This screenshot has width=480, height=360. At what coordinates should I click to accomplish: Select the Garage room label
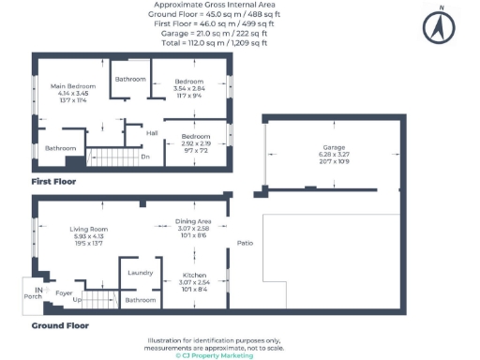[335, 148]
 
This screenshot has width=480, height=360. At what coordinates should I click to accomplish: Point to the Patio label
[246, 245]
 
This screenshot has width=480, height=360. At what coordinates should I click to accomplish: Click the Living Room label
[89, 230]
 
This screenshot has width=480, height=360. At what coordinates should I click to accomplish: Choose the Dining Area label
[193, 221]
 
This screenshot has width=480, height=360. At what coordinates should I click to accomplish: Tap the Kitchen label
[193, 276]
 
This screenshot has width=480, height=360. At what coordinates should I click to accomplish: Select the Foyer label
[64, 293]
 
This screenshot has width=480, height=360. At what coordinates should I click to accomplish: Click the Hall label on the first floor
[151, 132]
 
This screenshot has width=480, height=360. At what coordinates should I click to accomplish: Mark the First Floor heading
[53, 181]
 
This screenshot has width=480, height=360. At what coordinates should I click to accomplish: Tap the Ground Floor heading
[60, 325]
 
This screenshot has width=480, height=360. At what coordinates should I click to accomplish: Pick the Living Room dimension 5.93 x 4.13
[89, 236]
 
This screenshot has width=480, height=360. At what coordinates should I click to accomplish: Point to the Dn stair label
[145, 157]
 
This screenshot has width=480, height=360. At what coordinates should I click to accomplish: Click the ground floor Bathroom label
[141, 300]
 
